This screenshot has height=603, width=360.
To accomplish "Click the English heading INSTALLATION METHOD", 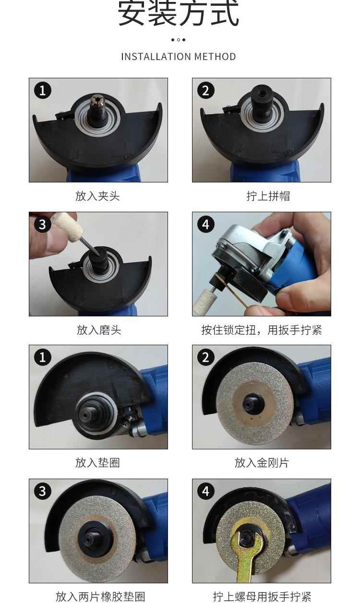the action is [x=179, y=57].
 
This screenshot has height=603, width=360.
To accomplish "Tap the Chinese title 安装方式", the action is [x=179, y=13].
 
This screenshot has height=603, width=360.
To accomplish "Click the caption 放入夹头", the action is [x=97, y=196].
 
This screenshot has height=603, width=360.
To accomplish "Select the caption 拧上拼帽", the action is [x=268, y=196].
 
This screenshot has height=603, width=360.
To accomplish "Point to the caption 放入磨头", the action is [x=99, y=330].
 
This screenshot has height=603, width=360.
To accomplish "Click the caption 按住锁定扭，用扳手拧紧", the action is [x=262, y=330].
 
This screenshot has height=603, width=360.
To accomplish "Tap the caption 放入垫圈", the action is [x=97, y=462].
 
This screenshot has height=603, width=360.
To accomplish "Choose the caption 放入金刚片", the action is [x=262, y=462].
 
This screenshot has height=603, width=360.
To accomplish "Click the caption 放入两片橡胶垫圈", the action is [x=100, y=597].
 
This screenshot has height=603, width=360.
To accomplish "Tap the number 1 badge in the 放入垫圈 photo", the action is [x=43, y=357].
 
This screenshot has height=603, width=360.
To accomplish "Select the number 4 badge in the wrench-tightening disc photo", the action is [x=206, y=491].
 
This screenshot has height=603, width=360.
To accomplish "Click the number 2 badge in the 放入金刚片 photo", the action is [x=206, y=357].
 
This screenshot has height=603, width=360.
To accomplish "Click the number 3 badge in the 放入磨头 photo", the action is [x=43, y=224].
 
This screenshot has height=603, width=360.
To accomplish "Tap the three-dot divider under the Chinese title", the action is [x=178, y=40].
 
